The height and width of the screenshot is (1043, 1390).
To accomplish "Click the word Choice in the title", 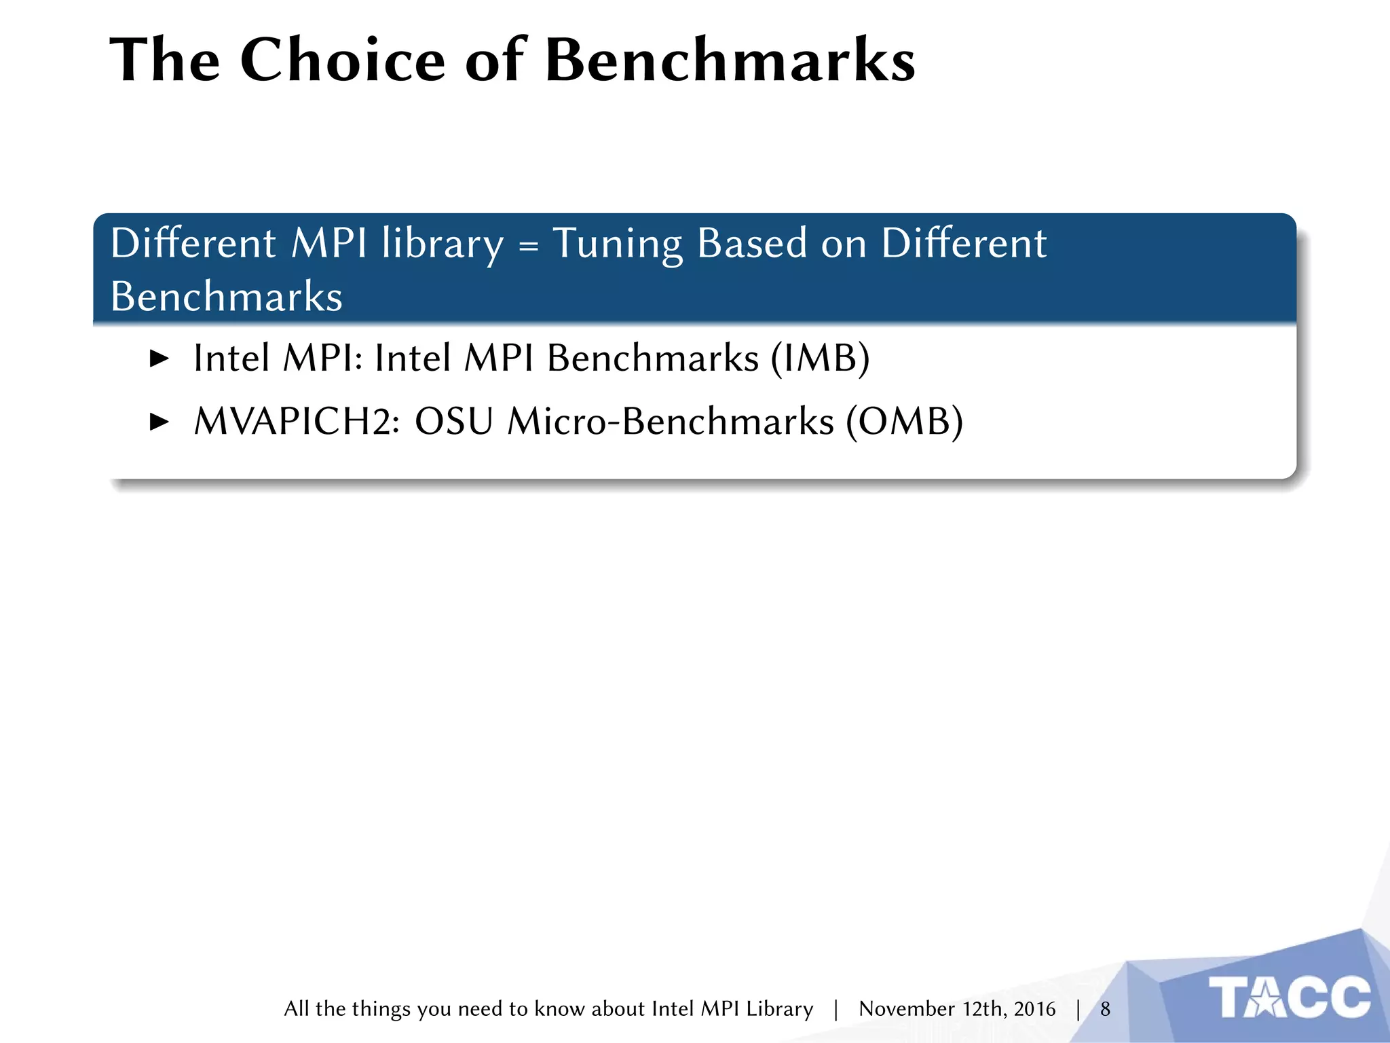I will [x=342, y=60].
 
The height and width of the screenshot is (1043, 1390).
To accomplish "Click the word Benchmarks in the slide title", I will [x=730, y=60].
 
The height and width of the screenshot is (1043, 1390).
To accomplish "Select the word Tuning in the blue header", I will [x=617, y=244].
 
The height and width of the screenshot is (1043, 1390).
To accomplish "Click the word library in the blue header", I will [x=443, y=244].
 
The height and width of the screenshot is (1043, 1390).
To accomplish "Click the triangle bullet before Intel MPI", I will [x=159, y=359].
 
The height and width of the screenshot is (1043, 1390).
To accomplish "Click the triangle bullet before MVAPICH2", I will [x=159, y=422].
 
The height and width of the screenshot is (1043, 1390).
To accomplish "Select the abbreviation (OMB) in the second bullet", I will [x=904, y=422].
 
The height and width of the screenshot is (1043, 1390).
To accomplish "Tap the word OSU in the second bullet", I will [x=453, y=422].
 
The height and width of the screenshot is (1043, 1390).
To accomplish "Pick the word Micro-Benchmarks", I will [x=671, y=422].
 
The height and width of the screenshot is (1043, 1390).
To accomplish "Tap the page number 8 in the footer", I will [x=1105, y=1009].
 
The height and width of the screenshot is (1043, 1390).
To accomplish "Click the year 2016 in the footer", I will [x=1034, y=1009].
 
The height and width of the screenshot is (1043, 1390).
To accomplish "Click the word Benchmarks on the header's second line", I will [x=227, y=297].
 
